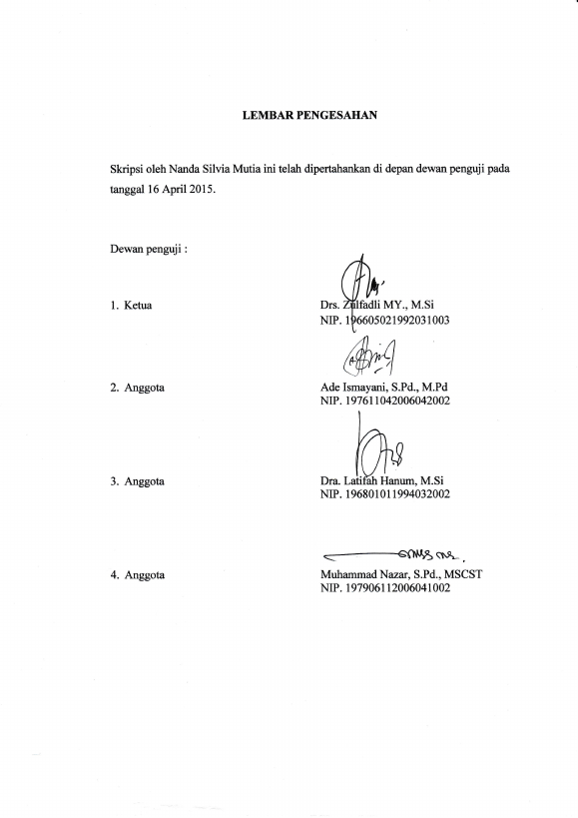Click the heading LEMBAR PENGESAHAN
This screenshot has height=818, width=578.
click(x=309, y=115)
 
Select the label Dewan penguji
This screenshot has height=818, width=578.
click(x=146, y=249)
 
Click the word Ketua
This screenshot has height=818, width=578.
click(x=138, y=306)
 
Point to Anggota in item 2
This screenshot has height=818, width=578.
click(x=145, y=389)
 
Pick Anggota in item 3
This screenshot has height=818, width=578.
click(x=145, y=482)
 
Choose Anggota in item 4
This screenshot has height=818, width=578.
click(x=145, y=575)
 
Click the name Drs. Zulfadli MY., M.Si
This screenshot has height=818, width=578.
click(x=377, y=305)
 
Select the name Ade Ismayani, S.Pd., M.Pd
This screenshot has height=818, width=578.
click(x=384, y=388)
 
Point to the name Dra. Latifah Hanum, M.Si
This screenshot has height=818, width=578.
click(x=382, y=480)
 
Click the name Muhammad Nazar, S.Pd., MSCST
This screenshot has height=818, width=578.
click(x=401, y=574)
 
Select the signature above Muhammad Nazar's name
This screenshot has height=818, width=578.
click(x=394, y=554)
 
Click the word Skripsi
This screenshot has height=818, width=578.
click(x=126, y=169)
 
